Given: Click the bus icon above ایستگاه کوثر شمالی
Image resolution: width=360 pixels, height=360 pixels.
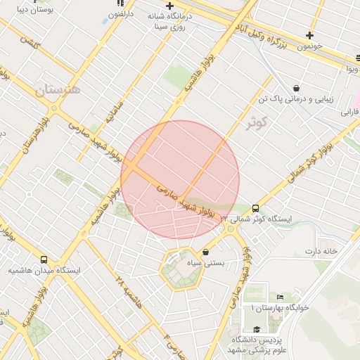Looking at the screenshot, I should [255, 208].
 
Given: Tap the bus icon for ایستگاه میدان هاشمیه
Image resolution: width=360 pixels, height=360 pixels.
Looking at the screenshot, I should [44, 259].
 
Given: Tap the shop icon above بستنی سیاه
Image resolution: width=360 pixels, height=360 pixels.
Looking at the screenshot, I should [205, 252].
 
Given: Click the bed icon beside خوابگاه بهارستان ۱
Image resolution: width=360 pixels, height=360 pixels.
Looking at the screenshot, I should [281, 297].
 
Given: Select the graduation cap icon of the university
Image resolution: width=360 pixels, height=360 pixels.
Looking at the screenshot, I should [257, 329].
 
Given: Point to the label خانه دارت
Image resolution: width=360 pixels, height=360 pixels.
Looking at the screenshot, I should [321, 251].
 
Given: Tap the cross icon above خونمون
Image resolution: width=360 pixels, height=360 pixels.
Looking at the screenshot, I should [309, 35].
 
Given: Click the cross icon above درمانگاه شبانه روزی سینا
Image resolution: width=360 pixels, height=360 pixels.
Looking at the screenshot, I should [169, 6].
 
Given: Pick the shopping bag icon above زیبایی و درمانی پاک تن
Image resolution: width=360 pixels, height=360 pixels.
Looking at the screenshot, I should [296, 89].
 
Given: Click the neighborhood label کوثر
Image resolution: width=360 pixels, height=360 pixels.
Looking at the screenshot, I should [258, 124].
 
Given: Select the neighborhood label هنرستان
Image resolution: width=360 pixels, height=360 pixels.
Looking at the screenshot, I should [57, 90].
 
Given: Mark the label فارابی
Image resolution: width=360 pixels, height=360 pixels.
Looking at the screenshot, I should [351, 112].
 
